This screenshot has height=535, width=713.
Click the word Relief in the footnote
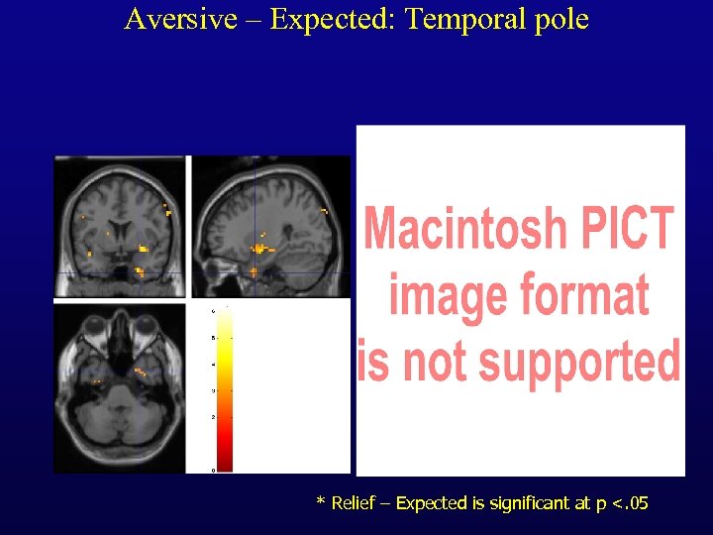(x=354, y=504)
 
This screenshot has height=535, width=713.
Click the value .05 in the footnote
(x=631, y=504)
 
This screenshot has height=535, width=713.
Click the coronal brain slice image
(x=120, y=227)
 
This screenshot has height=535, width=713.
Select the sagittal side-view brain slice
(x=269, y=227)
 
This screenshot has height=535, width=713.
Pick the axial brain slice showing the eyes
(x=120, y=387)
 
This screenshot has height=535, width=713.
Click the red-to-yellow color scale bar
(x=224, y=389)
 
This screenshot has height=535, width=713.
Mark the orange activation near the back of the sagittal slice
(x=324, y=210)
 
